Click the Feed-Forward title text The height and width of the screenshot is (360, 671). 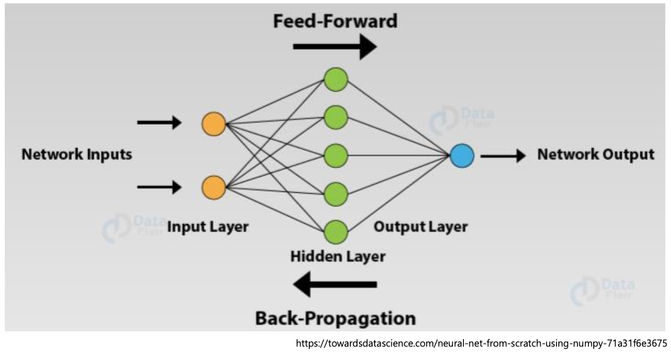[335, 21]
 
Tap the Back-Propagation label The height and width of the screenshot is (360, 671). [335, 318]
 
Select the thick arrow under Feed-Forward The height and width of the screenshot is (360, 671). [335, 46]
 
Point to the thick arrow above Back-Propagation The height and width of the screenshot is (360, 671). [335, 285]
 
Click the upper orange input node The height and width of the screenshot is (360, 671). [213, 124]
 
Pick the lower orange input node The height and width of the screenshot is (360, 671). [213, 187]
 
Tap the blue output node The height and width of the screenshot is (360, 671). [461, 156]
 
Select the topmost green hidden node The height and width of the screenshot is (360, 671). [336, 79]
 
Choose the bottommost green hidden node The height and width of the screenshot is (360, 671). [336, 232]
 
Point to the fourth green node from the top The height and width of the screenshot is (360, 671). [336, 194]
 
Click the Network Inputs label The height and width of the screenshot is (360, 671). [77, 155]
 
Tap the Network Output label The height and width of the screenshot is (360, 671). [596, 155]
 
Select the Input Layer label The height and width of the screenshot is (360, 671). [208, 226]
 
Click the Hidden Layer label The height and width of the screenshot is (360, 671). [337, 256]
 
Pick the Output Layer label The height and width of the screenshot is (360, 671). [420, 226]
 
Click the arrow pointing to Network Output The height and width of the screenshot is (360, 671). [503, 156]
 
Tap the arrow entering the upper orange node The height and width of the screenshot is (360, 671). [159, 123]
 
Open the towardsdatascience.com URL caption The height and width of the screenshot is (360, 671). [481, 343]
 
